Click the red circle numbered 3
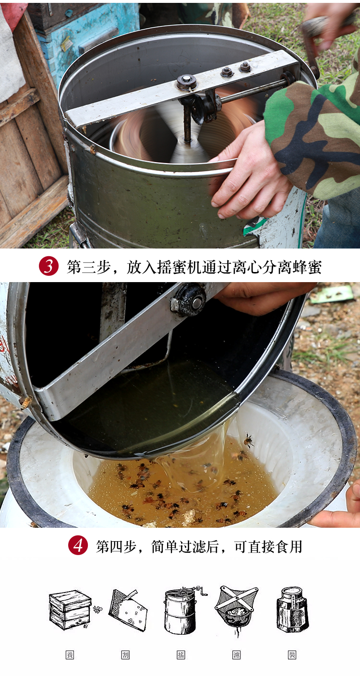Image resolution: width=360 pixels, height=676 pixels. pyautogui.click(x=48, y=266)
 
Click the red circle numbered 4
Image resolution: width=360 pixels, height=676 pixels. pyautogui.click(x=78, y=546)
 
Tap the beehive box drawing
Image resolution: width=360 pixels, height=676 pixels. pyautogui.click(x=71, y=609)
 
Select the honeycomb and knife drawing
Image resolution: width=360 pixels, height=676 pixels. pyautogui.click(x=127, y=610)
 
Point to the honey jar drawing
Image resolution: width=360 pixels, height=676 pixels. pyautogui.click(x=292, y=609)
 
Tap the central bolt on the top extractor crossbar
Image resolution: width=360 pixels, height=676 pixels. pyautogui.click(x=186, y=81)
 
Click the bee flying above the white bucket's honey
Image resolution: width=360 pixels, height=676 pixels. pyautogui.click(x=249, y=440)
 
